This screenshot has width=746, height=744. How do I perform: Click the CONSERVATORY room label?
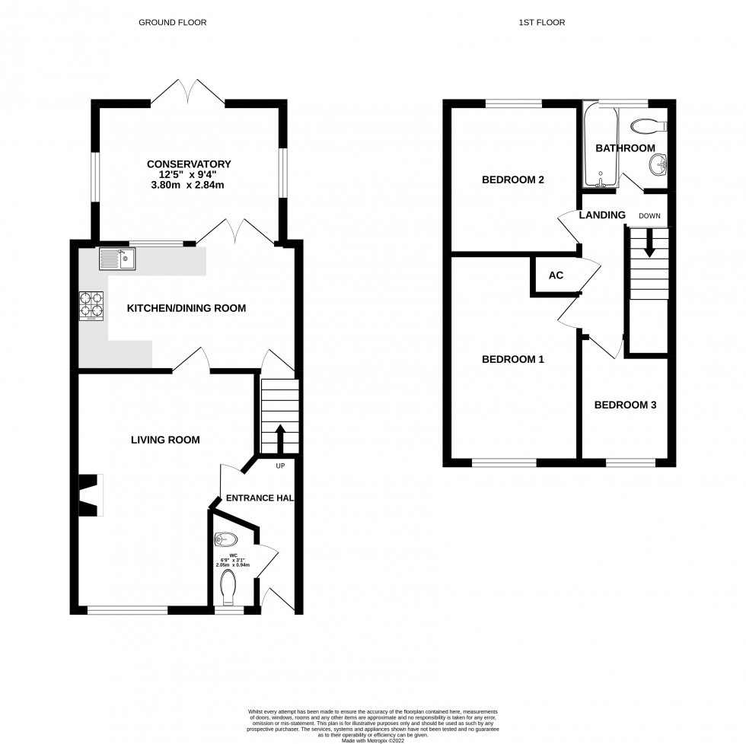188,164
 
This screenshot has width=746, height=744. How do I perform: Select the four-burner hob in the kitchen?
91,305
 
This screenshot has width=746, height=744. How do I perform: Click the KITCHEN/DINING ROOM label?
186,308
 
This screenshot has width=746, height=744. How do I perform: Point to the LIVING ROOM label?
165,440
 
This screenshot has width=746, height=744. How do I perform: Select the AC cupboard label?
556,275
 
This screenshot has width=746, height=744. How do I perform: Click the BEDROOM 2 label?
513,180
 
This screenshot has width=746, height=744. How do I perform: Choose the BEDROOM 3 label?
625,405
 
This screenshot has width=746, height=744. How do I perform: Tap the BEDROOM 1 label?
513,359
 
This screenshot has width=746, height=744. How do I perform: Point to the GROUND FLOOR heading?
172,23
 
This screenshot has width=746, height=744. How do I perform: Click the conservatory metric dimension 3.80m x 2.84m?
188,185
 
